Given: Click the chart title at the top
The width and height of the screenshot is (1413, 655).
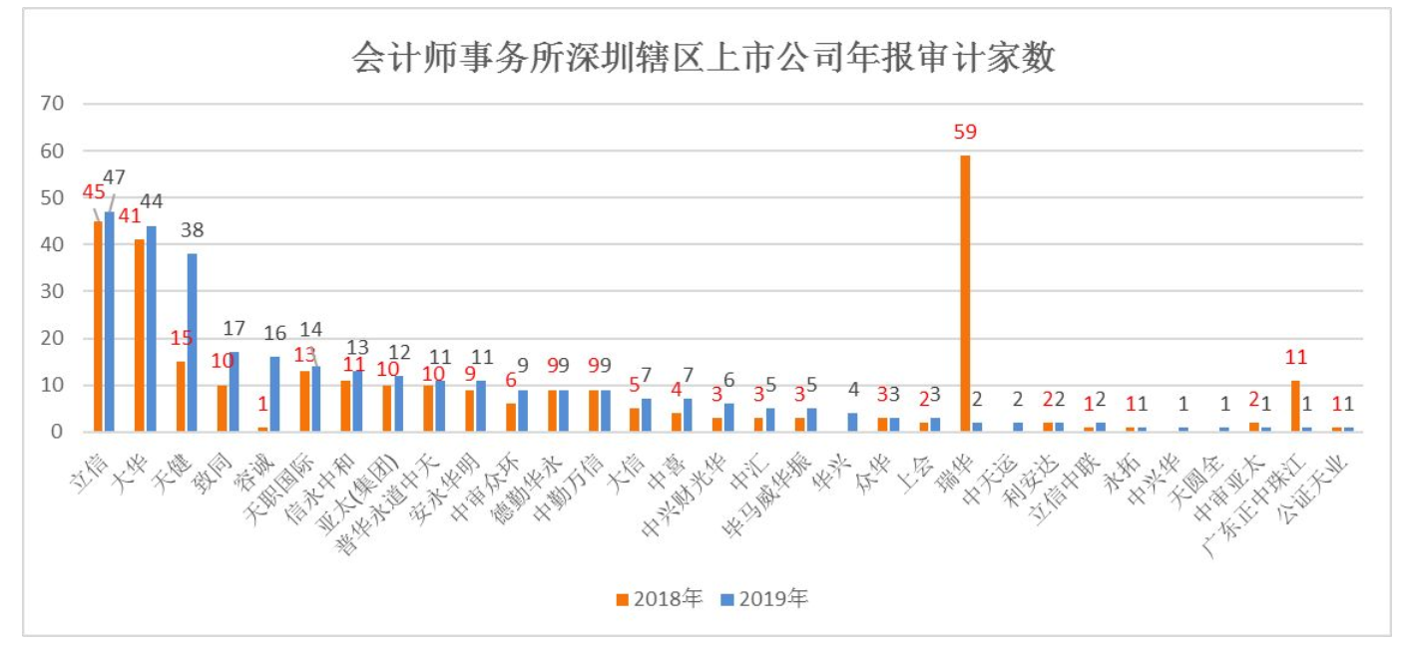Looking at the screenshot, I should point(704,58).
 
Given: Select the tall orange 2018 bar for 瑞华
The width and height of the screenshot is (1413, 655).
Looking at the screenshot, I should point(965,293).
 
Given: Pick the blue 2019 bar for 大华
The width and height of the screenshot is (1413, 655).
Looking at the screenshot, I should point(151,328).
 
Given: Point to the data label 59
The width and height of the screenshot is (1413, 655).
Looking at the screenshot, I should point(964,133).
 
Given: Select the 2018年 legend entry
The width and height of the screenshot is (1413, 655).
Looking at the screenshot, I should point(660,598).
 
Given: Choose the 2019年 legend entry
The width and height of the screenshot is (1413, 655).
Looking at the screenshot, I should point(765,598).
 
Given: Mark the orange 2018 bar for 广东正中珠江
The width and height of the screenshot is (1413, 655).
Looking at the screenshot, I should point(1295,406).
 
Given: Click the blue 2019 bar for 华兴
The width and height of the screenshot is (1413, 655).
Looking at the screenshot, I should point(853,422).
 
